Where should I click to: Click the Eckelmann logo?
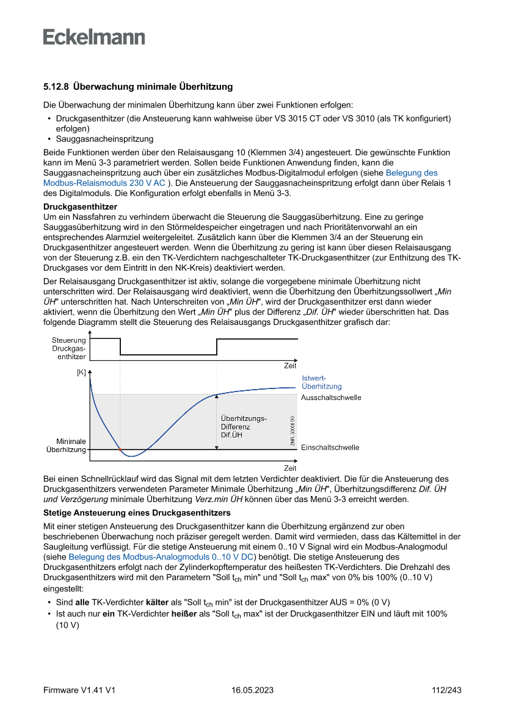point(94,37)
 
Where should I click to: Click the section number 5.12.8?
point(56,87)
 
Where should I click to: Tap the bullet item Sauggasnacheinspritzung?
point(104,139)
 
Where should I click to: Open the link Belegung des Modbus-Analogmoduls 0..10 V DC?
point(161,557)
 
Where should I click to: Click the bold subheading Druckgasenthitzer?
point(80,207)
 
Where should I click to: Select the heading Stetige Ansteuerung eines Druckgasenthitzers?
point(137,512)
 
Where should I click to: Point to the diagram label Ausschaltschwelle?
point(331,398)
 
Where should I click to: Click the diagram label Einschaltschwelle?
point(330,447)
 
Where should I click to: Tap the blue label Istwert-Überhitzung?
point(321,382)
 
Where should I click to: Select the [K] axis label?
point(81,371)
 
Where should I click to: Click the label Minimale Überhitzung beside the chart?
point(67,445)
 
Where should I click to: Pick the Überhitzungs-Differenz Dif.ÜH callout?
point(244,426)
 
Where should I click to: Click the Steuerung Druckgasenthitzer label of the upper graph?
point(68,348)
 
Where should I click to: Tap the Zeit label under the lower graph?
point(289,468)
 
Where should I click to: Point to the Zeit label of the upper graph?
point(289,365)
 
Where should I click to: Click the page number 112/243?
point(446,690)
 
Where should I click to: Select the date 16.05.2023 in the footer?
point(252,690)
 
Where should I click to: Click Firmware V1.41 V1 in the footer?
point(79,690)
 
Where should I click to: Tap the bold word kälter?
point(158,602)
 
